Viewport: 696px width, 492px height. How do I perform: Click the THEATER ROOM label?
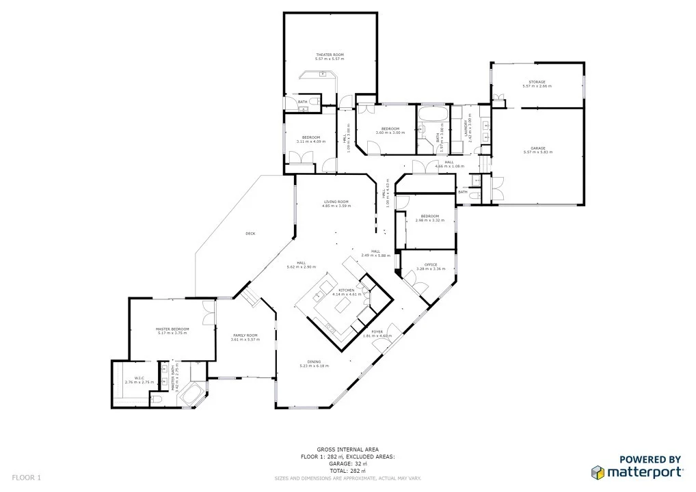(x=330, y=54)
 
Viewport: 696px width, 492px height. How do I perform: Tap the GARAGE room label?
(x=538, y=148)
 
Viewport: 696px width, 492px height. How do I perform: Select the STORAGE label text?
(x=537, y=82)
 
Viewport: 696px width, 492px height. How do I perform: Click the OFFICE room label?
(x=430, y=264)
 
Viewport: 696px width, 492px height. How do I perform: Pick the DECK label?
(x=250, y=234)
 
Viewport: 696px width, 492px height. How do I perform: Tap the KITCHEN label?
(x=346, y=290)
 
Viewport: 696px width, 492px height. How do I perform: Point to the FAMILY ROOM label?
(x=247, y=335)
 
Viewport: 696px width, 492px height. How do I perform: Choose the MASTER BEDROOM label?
(x=172, y=329)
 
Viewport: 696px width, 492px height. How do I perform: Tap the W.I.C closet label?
(x=139, y=378)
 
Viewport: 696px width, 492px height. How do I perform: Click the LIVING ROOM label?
(x=336, y=202)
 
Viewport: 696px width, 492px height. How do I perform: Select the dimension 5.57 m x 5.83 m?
(x=538, y=152)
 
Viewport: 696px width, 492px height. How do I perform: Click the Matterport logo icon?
(x=598, y=472)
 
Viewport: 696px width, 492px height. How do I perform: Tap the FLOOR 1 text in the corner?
(x=27, y=478)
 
